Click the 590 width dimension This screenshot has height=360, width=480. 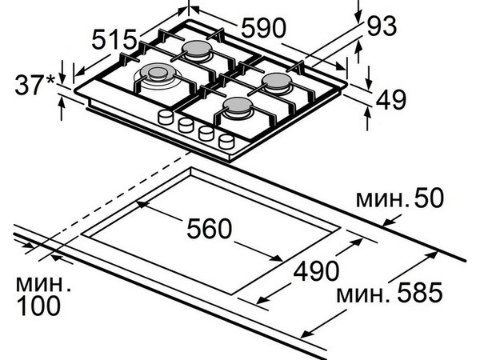pyautogui.click(x=263, y=28)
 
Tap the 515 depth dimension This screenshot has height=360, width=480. pyautogui.click(x=114, y=39)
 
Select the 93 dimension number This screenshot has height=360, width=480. pyautogui.click(x=382, y=26)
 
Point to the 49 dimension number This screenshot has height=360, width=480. pyautogui.click(x=391, y=99)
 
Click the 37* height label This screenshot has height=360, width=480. pyautogui.click(x=34, y=85)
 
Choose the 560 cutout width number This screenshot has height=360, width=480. pyautogui.click(x=210, y=228)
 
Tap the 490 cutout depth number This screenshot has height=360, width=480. pyautogui.click(x=316, y=270)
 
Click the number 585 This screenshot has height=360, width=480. pyautogui.click(x=420, y=292)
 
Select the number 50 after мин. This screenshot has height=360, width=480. pyautogui.click(x=429, y=198)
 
